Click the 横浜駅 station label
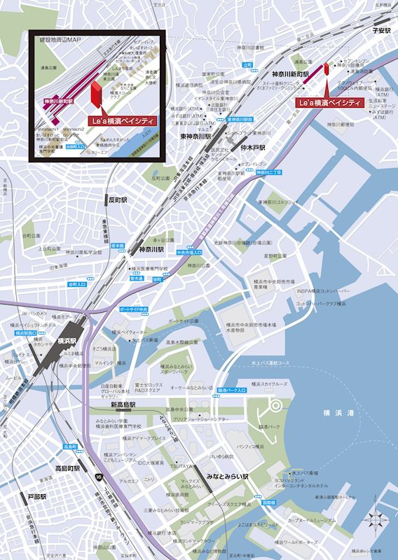(68, 341)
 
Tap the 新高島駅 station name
(124, 405)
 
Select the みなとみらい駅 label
(228, 477)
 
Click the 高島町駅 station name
(68, 468)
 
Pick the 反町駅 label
(116, 199)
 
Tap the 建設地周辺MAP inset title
(60, 42)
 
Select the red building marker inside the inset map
(95, 95)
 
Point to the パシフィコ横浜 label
(250, 446)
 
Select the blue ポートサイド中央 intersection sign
(133, 309)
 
